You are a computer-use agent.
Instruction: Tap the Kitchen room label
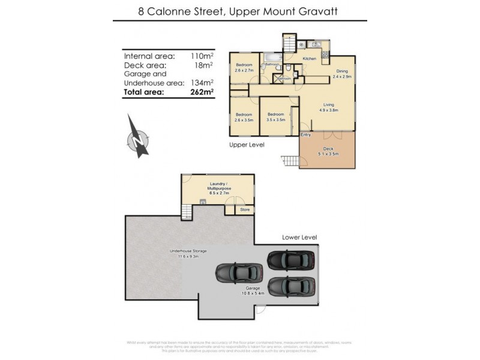[309, 58]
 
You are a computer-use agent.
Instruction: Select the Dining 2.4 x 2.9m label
[341, 74]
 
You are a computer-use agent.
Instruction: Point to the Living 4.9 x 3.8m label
[329, 107]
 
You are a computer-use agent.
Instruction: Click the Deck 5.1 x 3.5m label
[328, 151]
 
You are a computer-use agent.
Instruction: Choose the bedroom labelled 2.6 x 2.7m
[244, 67]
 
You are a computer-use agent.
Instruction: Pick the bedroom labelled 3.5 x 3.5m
[275, 117]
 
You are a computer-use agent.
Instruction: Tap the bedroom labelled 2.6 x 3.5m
[244, 117]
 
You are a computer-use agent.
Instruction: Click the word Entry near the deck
[306, 134]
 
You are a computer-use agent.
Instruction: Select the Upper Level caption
[246, 145]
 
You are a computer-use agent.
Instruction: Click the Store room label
[245, 210]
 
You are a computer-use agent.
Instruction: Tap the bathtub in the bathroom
[274, 59]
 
